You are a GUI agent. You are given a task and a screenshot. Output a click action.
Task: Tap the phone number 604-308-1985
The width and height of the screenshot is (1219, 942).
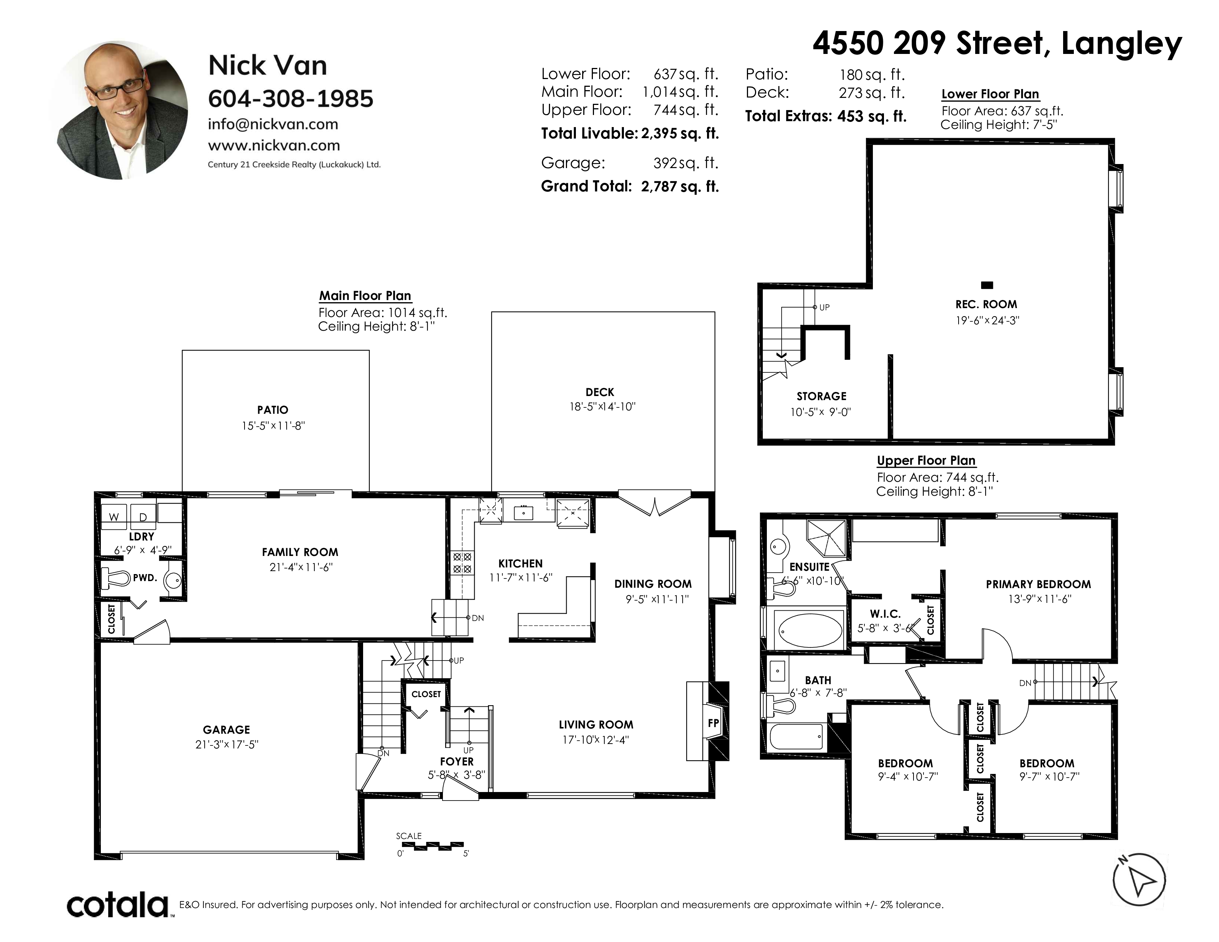[x=291, y=99]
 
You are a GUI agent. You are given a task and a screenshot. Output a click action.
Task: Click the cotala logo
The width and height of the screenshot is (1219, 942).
[x=118, y=905]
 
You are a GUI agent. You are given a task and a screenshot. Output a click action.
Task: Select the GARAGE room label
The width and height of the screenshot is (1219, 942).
[x=226, y=729]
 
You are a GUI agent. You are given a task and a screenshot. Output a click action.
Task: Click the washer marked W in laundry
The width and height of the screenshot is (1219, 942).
[x=115, y=516]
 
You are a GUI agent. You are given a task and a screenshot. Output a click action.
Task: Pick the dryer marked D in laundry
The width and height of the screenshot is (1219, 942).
[x=143, y=516]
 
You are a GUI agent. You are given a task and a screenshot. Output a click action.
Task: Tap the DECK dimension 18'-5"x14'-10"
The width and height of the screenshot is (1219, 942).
[x=602, y=406]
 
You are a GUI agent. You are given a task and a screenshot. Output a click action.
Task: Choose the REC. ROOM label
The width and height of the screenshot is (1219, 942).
[x=986, y=304]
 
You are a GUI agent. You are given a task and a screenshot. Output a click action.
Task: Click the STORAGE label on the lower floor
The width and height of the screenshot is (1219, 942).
[x=822, y=396]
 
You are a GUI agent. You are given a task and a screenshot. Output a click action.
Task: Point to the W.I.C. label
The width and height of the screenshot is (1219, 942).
[x=885, y=614]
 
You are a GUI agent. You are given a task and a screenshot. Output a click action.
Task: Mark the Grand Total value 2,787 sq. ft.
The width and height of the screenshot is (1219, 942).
[x=680, y=187]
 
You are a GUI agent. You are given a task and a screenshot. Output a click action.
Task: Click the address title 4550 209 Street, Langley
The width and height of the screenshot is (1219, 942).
[x=997, y=43]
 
